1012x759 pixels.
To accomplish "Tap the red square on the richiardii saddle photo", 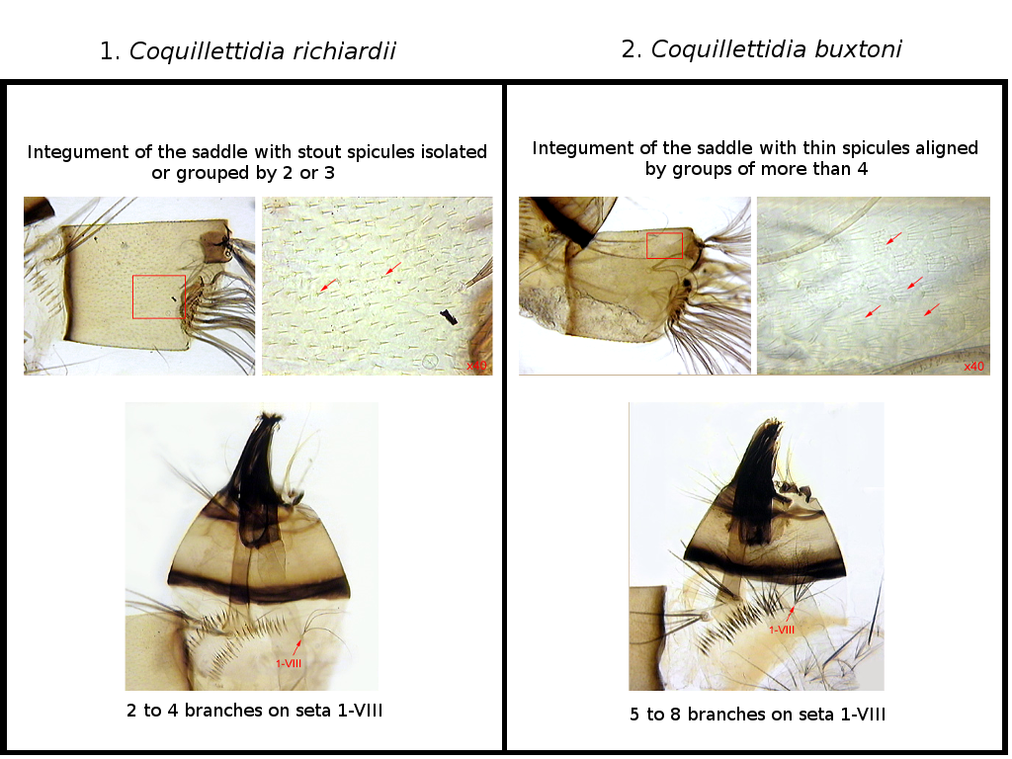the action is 159,296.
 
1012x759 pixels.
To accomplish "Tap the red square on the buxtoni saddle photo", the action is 665,245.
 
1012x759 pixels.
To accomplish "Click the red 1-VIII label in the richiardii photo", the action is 289,663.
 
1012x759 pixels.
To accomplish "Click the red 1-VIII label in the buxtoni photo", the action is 782,630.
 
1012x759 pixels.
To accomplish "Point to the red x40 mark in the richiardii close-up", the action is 477,366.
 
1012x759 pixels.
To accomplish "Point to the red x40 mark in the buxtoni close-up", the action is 973,366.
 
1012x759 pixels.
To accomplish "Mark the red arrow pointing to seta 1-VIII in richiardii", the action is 296,646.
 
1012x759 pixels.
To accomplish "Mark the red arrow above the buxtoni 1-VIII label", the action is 790,614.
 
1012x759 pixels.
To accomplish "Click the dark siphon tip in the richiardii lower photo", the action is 269,418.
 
